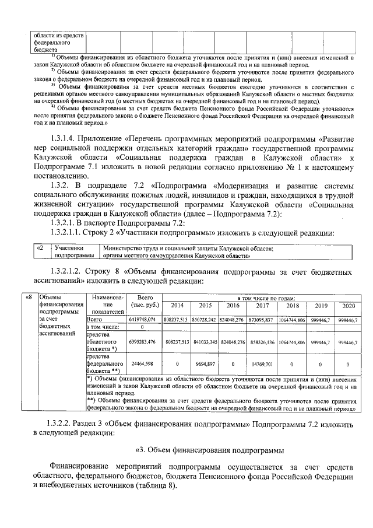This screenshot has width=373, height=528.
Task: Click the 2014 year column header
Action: [x=176, y=306]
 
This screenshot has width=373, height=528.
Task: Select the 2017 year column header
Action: [x=262, y=306]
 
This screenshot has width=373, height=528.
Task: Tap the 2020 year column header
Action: [x=348, y=306]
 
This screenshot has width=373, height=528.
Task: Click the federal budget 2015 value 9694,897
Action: [x=205, y=363]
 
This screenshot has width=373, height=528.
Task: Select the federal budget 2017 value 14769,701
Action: [x=262, y=363]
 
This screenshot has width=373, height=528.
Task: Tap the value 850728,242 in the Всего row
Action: [x=205, y=320]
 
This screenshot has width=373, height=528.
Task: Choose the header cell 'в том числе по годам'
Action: [x=262, y=298]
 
